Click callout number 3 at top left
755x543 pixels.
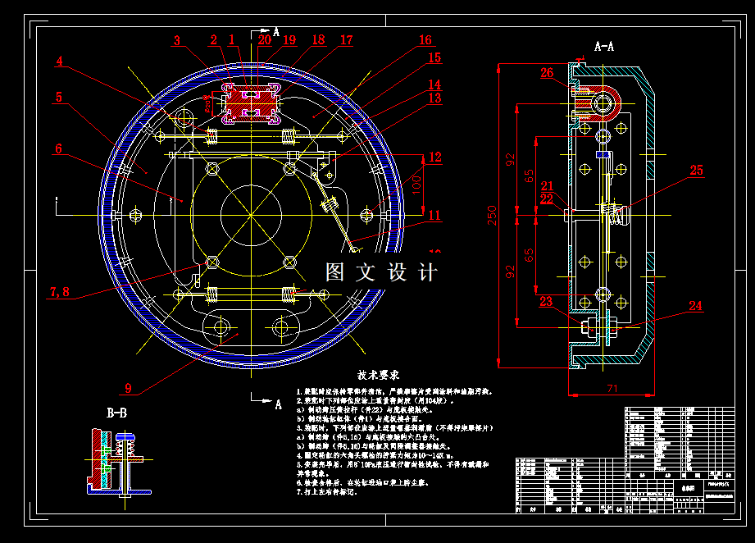click(x=177, y=39)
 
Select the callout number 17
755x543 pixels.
click(x=346, y=40)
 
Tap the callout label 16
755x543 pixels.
click(x=424, y=40)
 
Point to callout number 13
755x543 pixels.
click(x=434, y=98)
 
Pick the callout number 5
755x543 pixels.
click(x=59, y=97)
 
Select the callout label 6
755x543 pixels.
click(x=59, y=149)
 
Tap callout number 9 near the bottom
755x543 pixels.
click(x=128, y=389)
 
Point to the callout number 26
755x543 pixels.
click(x=547, y=73)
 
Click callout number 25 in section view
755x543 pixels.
click(x=696, y=171)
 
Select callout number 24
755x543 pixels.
click(x=695, y=306)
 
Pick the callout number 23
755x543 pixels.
click(x=546, y=301)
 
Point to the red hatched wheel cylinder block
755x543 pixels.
click(x=251, y=104)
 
